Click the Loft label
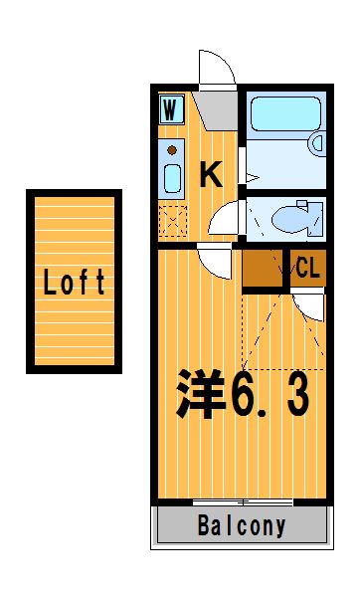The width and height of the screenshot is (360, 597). (x=74, y=282)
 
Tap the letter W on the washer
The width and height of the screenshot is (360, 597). (x=170, y=109)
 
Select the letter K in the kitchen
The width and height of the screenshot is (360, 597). (x=211, y=174)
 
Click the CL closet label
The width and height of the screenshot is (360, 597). (x=307, y=268)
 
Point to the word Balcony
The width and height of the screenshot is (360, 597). (x=242, y=525)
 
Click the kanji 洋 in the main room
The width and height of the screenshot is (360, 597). (x=200, y=393)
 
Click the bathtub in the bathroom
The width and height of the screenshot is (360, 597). (x=285, y=113)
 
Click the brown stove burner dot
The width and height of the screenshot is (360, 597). (x=172, y=150)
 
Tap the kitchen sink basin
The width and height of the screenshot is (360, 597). (x=172, y=178)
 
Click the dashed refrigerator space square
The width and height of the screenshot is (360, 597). (x=172, y=221)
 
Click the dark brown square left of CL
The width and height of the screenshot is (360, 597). (x=263, y=268)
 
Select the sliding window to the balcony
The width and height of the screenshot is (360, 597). (x=243, y=502)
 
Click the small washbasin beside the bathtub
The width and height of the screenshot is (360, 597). (x=318, y=143)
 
